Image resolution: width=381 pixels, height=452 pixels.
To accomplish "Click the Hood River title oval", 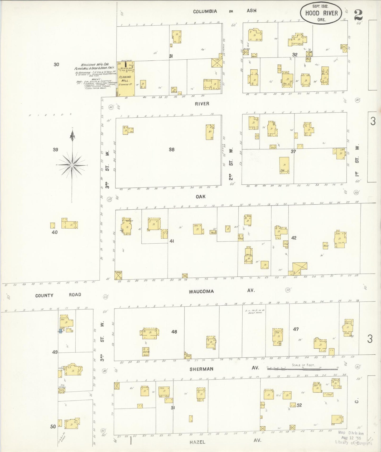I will coord(321,13).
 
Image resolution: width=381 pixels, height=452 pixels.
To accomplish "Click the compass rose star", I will coord(72,165).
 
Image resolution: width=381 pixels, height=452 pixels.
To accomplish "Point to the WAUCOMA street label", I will coord(201,291).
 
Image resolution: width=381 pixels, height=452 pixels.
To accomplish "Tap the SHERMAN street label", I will coord(201,369).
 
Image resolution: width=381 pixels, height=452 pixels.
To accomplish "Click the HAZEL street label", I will coord(197,442).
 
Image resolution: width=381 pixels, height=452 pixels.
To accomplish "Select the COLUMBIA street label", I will coord(205,11).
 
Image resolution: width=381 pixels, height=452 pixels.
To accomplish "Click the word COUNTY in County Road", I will coord(44,295).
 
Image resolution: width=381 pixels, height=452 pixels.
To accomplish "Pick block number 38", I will coord(172,150).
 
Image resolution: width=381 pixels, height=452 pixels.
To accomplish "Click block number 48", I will coord(174,332).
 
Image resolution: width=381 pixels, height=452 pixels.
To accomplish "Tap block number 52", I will coord(299,405).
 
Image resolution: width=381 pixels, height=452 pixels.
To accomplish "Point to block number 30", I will coord(56,64).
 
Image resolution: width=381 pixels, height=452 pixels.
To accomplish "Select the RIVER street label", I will coord(202,104).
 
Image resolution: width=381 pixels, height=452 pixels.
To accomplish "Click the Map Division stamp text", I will coord(351,433).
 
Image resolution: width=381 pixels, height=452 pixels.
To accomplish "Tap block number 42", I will coord(294,238).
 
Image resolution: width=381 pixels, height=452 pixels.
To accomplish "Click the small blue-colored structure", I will coord(60,331).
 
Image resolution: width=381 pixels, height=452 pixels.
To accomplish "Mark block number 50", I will coord(53,426).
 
